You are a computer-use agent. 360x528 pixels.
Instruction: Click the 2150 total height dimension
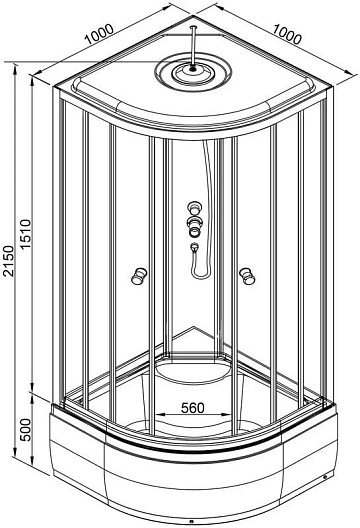click(8, 261)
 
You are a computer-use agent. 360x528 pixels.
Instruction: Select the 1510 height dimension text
click(25, 234)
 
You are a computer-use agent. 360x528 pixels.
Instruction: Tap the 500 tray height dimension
click(25, 430)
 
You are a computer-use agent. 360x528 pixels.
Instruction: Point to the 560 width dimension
click(193, 408)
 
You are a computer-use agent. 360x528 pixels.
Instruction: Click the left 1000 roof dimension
click(99, 34)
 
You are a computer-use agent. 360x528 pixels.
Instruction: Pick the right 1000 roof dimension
click(287, 34)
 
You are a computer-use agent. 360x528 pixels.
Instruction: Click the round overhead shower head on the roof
click(193, 72)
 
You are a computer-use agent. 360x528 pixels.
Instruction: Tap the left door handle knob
click(139, 276)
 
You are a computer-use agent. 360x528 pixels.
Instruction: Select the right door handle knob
click(248, 276)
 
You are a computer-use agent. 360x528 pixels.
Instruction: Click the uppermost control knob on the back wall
click(194, 207)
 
